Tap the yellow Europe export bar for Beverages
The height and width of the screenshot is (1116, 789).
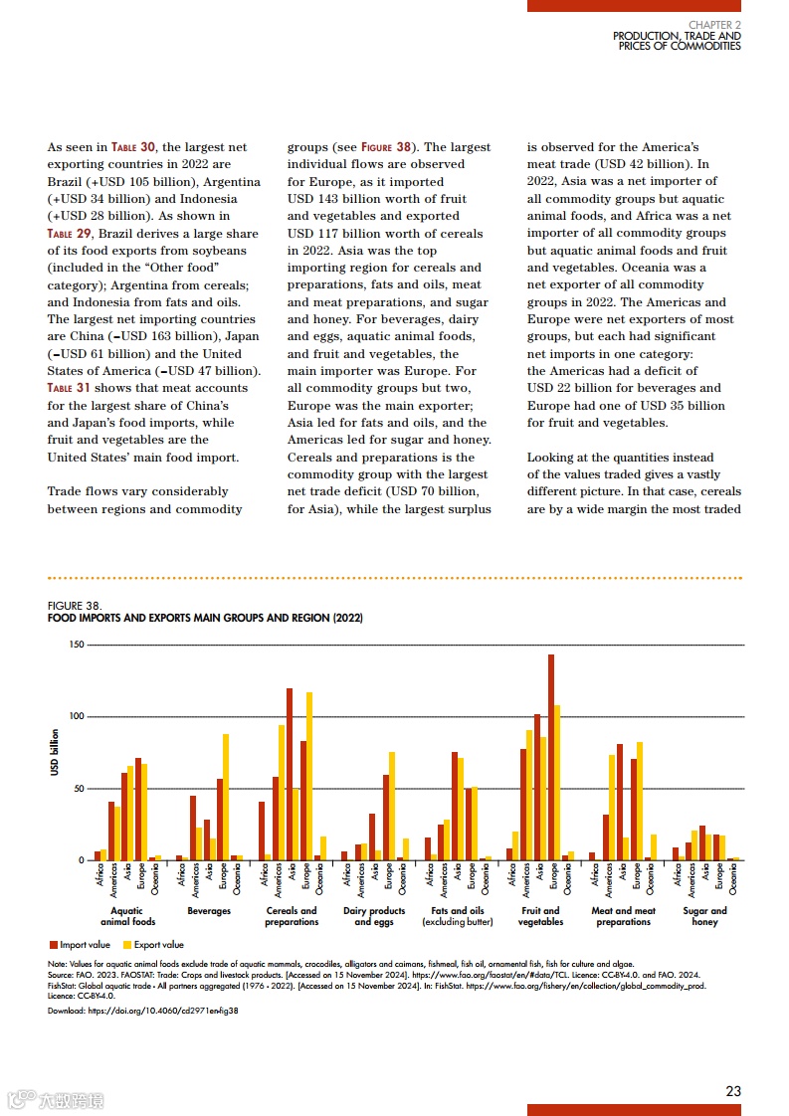coord(226,797)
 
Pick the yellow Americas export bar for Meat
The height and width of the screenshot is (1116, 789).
coord(612,808)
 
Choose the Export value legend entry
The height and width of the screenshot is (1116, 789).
coord(152,945)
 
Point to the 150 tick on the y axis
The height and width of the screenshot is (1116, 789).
coord(76,645)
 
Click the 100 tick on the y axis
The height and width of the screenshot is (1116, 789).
coord(76,716)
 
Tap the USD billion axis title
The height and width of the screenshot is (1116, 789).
coord(55,753)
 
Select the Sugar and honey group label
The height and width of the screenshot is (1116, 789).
coord(704,916)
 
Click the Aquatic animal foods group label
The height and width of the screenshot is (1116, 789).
coord(126,916)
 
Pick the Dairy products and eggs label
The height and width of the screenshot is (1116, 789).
coord(374,916)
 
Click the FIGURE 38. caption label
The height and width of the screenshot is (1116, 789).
coord(74,605)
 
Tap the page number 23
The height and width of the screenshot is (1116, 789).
coord(733,1090)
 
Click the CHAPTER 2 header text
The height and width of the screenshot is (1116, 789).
coord(714,24)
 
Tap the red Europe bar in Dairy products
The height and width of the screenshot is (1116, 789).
coord(386,818)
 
